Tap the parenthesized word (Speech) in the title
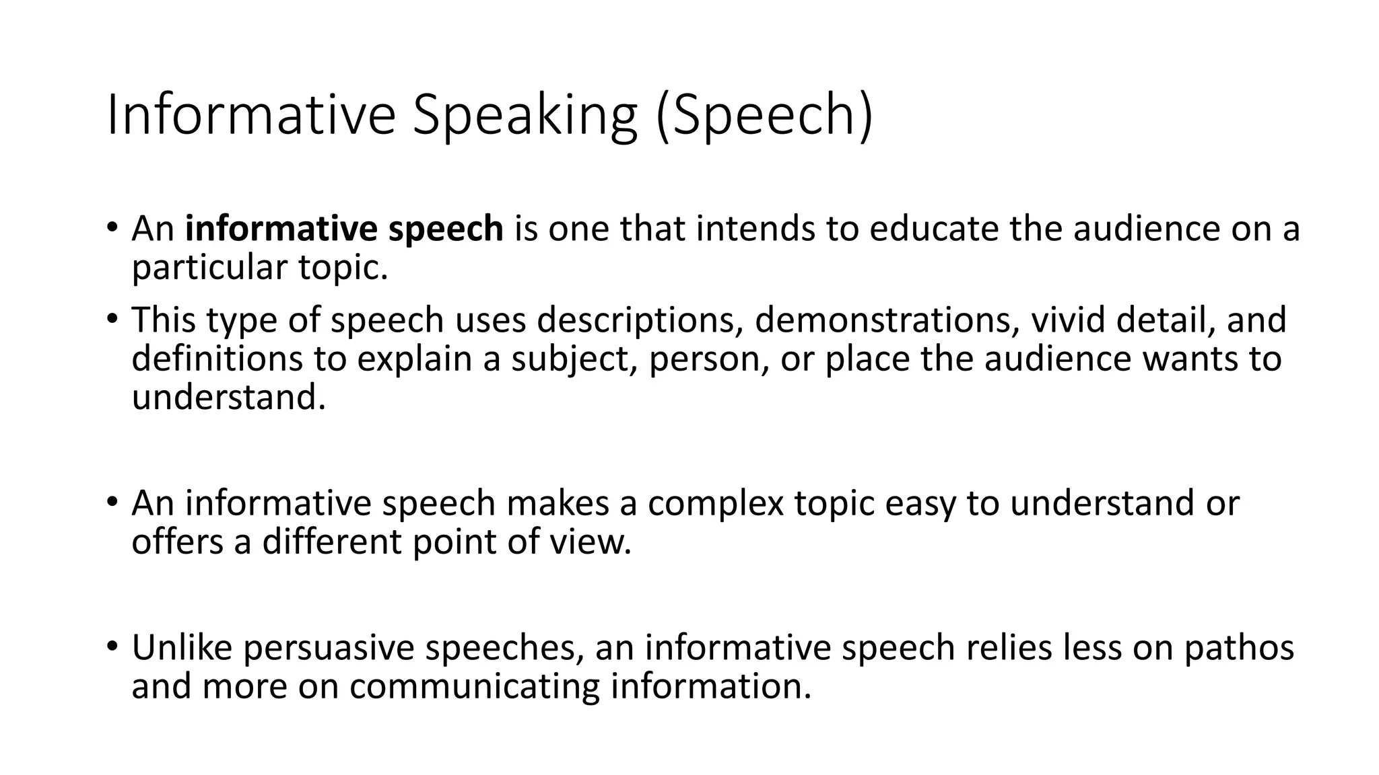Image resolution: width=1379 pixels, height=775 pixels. (x=764, y=116)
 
